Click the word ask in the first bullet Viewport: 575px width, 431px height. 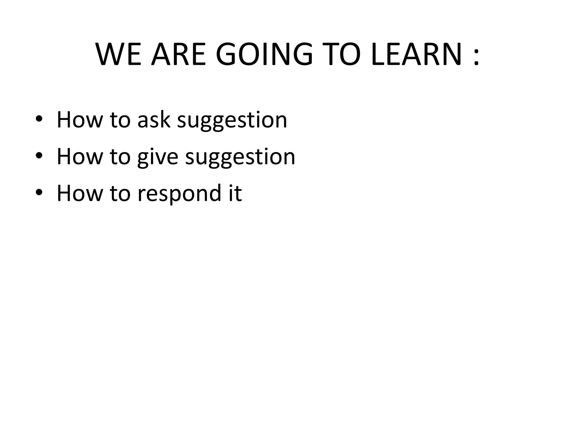(x=154, y=120)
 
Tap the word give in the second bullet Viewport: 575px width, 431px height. (x=158, y=157)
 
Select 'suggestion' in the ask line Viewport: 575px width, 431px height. (x=232, y=121)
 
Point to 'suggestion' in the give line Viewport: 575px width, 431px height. (x=240, y=157)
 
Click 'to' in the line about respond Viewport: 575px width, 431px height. (x=120, y=194)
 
